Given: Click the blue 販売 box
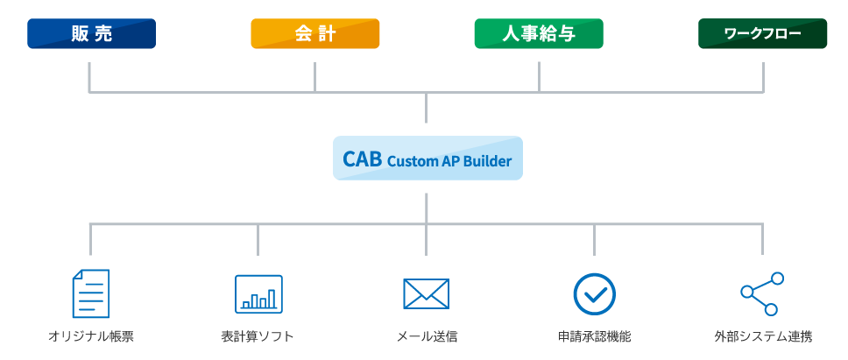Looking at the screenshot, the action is [x=91, y=33].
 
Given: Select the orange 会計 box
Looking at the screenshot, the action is [x=315, y=33].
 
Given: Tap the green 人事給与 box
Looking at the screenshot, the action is [x=539, y=33].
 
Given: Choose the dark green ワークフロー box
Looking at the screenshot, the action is [x=762, y=33].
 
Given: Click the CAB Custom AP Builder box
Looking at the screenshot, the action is [x=428, y=159].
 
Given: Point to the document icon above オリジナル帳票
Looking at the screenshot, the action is [x=91, y=293].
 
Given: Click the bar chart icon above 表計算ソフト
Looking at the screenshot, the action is [x=258, y=294].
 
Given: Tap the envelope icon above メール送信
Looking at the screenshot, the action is [x=426, y=294].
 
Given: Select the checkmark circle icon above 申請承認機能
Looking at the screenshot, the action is [x=594, y=294].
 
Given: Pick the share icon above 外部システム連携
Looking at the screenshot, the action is [x=762, y=294].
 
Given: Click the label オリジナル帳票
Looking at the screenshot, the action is [x=91, y=336].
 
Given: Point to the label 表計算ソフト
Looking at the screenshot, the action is [x=258, y=336].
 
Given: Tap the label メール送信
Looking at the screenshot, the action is [x=427, y=336].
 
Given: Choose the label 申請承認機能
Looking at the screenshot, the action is [x=594, y=336].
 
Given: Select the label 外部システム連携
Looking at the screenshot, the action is [x=762, y=336].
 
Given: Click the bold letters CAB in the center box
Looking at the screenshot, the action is [x=363, y=159].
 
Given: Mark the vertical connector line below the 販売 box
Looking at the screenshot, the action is [x=89, y=77].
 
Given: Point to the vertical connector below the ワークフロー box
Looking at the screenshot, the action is [x=764, y=77].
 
